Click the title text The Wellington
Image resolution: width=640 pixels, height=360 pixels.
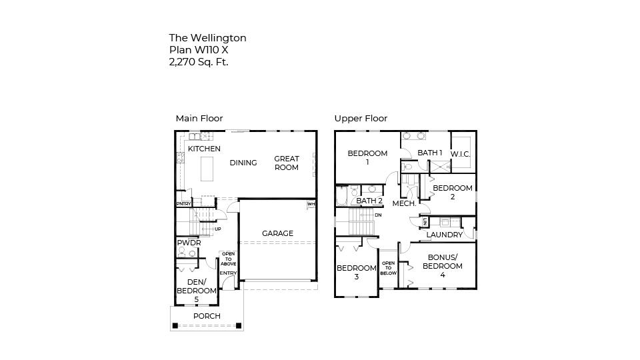(207, 38)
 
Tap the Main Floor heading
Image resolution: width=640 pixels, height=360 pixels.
(199, 118)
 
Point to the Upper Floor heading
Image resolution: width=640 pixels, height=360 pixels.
(361, 118)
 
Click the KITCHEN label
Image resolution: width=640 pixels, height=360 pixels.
(204, 149)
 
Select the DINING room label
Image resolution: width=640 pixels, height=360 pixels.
(243, 163)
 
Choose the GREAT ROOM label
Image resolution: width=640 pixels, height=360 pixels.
(287, 163)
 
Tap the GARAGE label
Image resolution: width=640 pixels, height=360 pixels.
(277, 233)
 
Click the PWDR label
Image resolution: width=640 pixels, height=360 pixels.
(189, 243)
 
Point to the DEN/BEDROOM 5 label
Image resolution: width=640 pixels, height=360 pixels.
(197, 291)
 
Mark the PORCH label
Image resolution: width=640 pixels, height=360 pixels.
(207, 316)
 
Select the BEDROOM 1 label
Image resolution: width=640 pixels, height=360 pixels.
(367, 157)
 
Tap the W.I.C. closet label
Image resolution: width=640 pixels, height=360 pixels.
(461, 155)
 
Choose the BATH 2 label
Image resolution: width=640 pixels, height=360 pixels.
(369, 201)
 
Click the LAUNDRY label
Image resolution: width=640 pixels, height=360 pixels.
(445, 235)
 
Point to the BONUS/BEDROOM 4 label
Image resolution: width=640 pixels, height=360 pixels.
(442, 266)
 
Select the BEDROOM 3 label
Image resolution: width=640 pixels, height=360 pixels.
(356, 272)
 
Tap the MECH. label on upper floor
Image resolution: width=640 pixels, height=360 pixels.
(404, 203)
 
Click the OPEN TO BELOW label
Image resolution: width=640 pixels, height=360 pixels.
(388, 268)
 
